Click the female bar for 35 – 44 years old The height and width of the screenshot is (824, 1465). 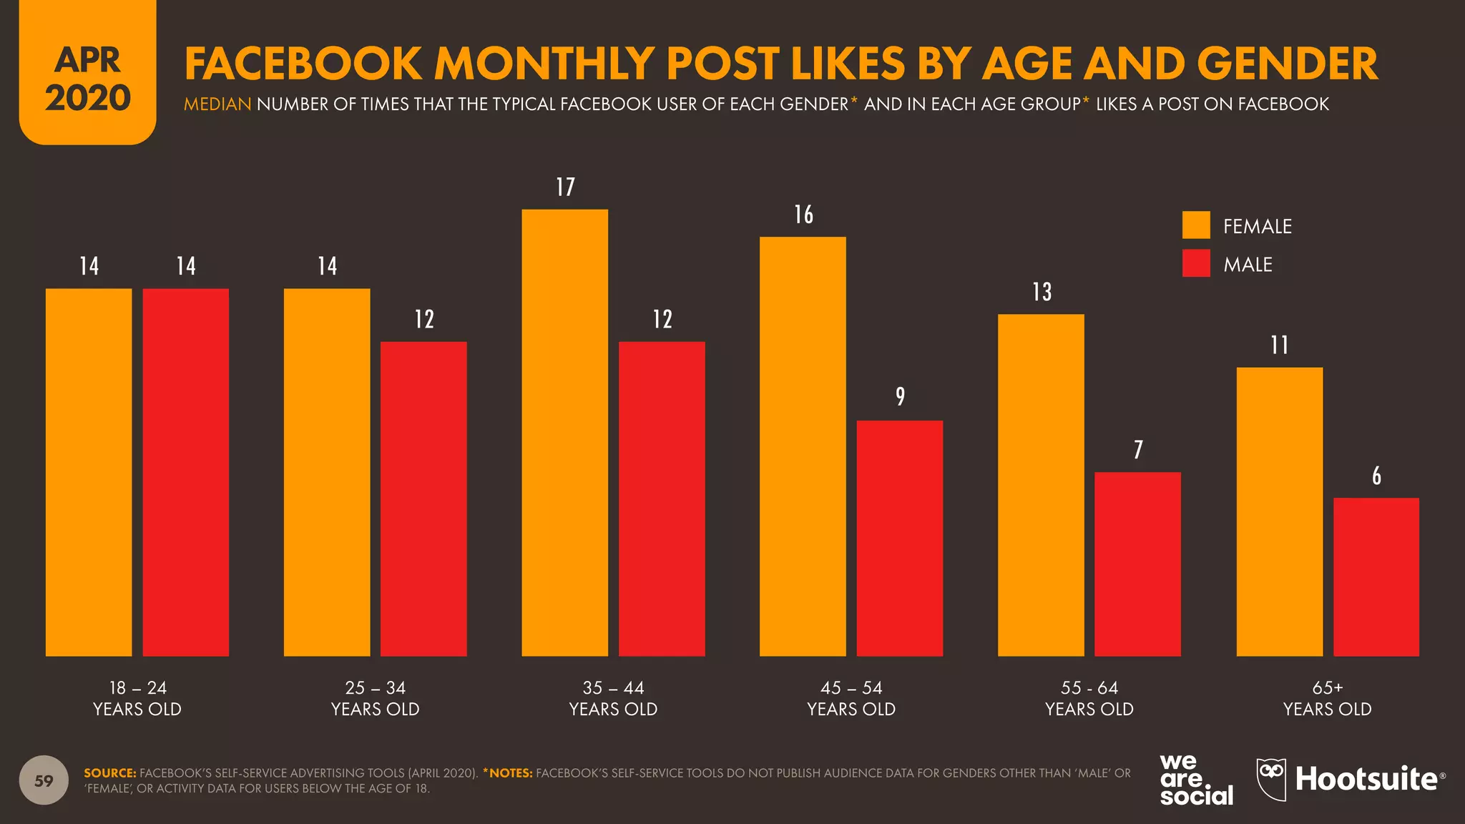564,433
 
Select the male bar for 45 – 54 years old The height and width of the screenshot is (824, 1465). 899,538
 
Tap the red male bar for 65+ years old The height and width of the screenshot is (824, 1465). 1376,577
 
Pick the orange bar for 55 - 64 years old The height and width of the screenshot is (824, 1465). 1041,485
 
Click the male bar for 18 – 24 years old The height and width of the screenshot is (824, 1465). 186,472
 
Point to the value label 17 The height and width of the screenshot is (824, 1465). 565,187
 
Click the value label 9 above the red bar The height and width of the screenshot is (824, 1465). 900,396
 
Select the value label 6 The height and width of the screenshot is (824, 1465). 1376,476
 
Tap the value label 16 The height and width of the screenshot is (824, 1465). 803,215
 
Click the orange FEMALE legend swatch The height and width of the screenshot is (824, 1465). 1196,225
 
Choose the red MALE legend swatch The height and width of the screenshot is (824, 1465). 1196,263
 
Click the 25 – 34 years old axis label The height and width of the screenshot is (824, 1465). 375,698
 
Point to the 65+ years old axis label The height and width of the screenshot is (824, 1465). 1327,698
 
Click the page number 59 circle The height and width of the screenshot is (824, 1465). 44,780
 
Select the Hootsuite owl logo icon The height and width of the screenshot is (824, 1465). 1271,779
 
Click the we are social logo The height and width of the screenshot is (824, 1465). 1195,780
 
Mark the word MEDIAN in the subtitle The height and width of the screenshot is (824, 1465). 217,104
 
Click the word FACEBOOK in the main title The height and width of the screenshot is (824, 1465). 303,64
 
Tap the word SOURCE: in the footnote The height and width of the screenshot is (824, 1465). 109,773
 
